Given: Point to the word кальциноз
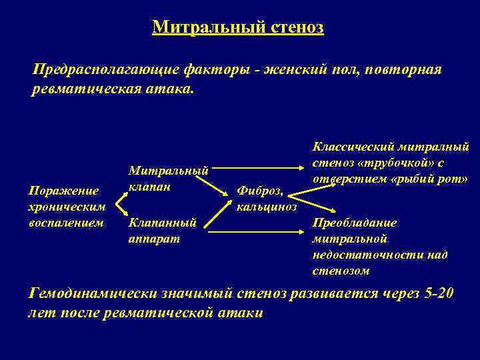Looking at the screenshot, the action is [263, 207].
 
